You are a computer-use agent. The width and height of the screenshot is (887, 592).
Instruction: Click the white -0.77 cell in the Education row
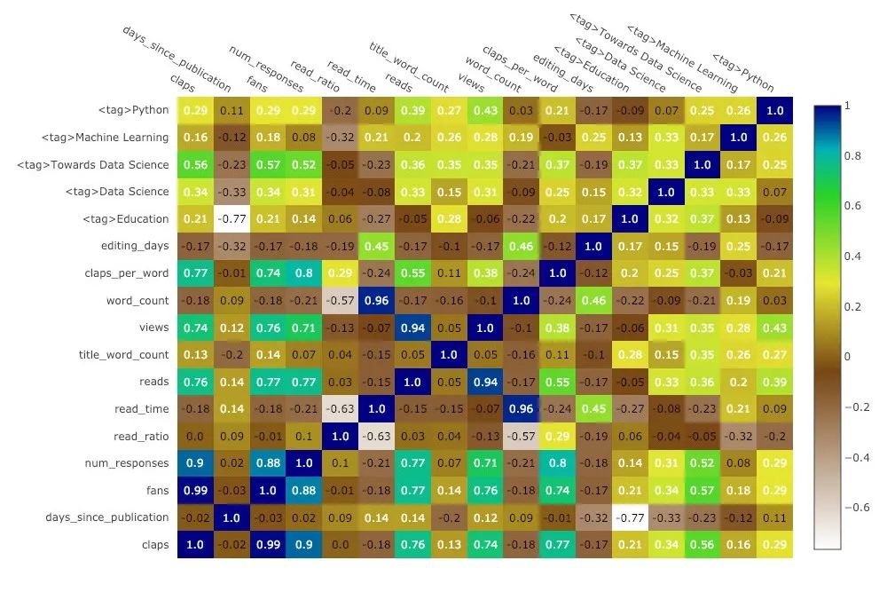[x=232, y=219]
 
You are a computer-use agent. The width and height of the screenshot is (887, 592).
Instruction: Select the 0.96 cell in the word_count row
[x=376, y=301]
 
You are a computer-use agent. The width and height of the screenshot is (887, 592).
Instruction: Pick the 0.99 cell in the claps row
[x=268, y=545]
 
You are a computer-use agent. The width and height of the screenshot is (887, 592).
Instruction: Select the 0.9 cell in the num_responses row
[x=195, y=463]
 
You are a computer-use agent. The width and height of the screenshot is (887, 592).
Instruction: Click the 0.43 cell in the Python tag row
[x=485, y=110]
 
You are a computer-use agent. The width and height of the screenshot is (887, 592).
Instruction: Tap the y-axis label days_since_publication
[x=107, y=517]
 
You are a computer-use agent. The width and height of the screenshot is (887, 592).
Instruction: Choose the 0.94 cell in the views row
[x=412, y=328]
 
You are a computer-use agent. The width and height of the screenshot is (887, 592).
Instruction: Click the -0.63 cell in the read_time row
[x=340, y=409]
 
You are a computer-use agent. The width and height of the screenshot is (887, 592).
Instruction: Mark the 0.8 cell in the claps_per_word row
[x=304, y=273]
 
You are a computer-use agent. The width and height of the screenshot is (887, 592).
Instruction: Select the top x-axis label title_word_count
[x=410, y=67]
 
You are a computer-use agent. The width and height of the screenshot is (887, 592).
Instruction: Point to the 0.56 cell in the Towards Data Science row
[x=195, y=165]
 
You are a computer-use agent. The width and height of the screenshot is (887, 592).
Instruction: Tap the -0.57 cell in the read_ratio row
[x=522, y=436]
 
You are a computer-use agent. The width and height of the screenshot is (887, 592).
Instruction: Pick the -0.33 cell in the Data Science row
[x=232, y=192]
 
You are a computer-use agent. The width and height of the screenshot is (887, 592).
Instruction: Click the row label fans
[x=157, y=491]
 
